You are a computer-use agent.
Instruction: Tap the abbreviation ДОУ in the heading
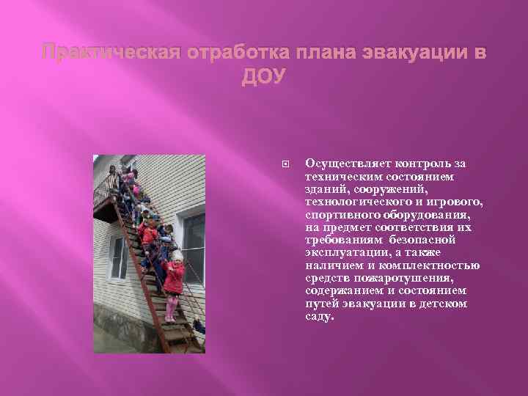pos(264,77)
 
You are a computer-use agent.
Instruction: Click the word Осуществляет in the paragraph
pos(341,163)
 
